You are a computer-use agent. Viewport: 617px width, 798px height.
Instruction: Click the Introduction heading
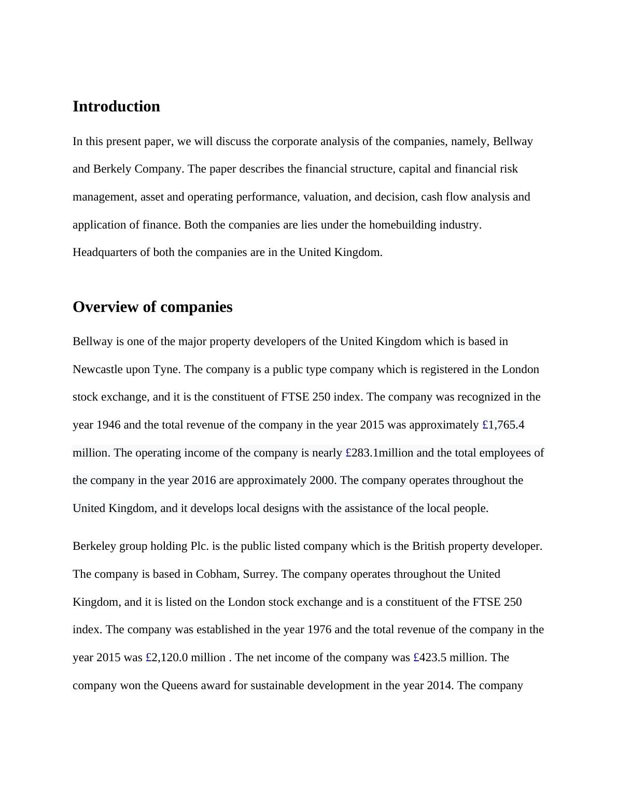coord(116,106)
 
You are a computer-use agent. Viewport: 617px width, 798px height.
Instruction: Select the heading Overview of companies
coord(152,307)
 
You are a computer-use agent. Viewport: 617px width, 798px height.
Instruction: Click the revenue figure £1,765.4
coord(503,425)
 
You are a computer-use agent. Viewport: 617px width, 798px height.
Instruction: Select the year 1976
coord(319,630)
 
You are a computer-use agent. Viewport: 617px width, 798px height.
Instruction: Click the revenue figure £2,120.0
coord(167,658)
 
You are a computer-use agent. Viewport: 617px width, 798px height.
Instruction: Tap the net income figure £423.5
coord(430,658)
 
